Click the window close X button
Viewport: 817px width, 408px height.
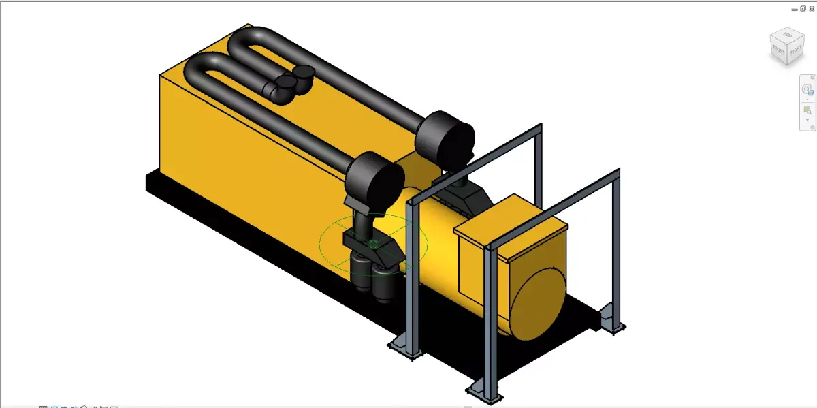click(812, 8)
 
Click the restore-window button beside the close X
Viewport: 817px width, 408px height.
click(803, 8)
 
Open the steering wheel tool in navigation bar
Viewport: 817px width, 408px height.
click(807, 89)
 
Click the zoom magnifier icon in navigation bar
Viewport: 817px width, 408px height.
click(807, 110)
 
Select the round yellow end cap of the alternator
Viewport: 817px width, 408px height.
click(538, 304)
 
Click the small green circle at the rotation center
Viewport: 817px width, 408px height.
click(373, 244)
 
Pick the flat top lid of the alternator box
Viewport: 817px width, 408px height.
click(511, 225)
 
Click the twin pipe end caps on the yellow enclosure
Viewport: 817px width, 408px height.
click(293, 81)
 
